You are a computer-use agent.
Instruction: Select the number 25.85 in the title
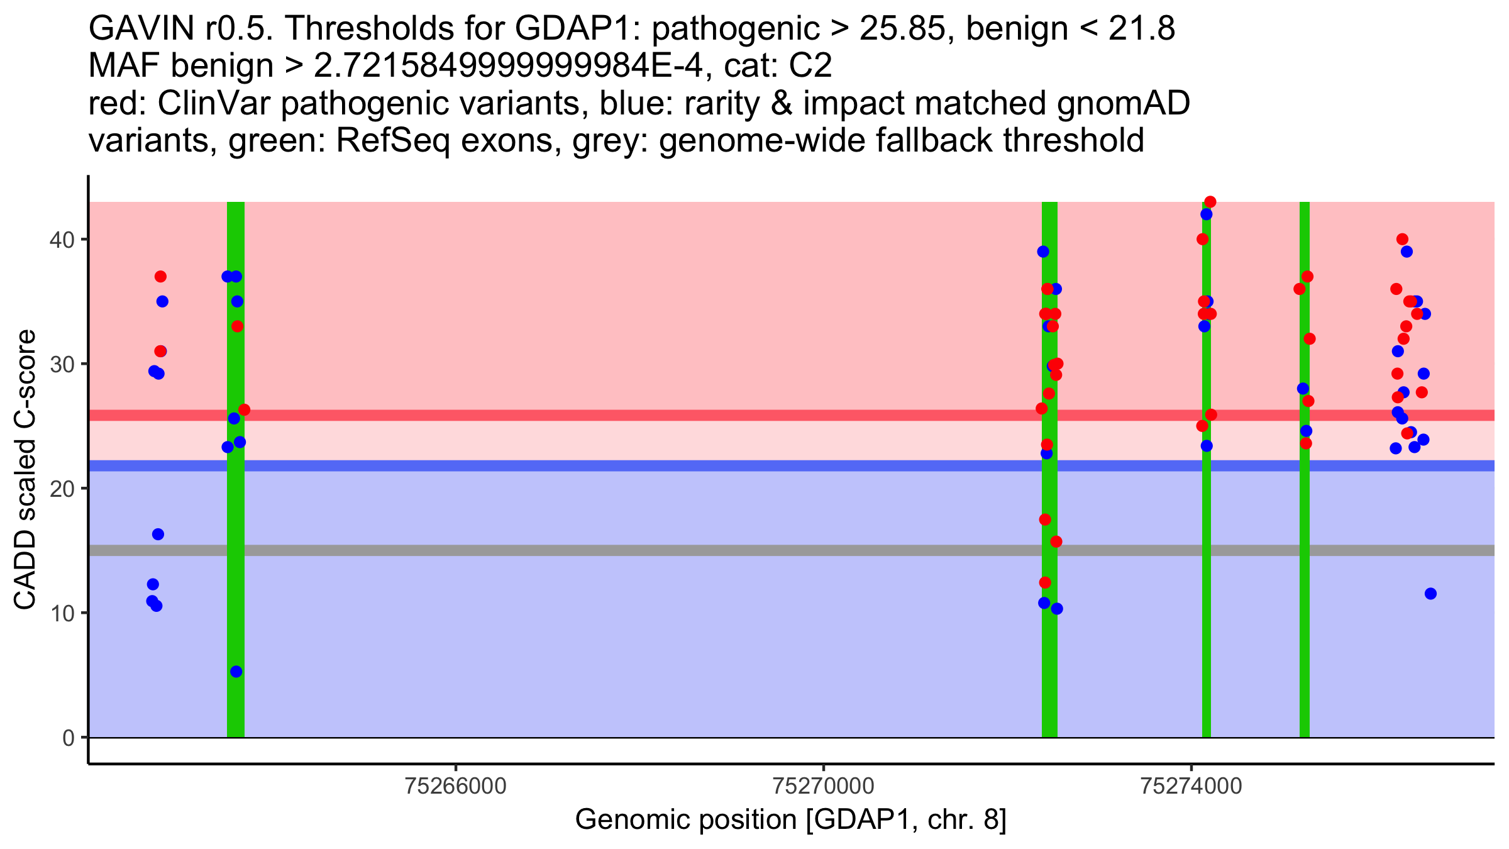[902, 29]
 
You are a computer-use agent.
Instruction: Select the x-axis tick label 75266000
[456, 787]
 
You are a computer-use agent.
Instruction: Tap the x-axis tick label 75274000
[1191, 787]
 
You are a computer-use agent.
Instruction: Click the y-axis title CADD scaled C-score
[25, 470]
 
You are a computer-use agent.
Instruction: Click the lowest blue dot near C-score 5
[236, 672]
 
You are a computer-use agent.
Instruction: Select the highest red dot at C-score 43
[1210, 202]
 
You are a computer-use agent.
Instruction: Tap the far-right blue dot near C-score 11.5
[1430, 594]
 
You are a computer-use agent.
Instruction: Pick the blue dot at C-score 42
[1206, 214]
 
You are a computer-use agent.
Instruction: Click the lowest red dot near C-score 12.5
[1045, 583]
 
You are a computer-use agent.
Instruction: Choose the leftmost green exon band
[236, 566]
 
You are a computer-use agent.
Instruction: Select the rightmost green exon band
[1305, 566]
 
